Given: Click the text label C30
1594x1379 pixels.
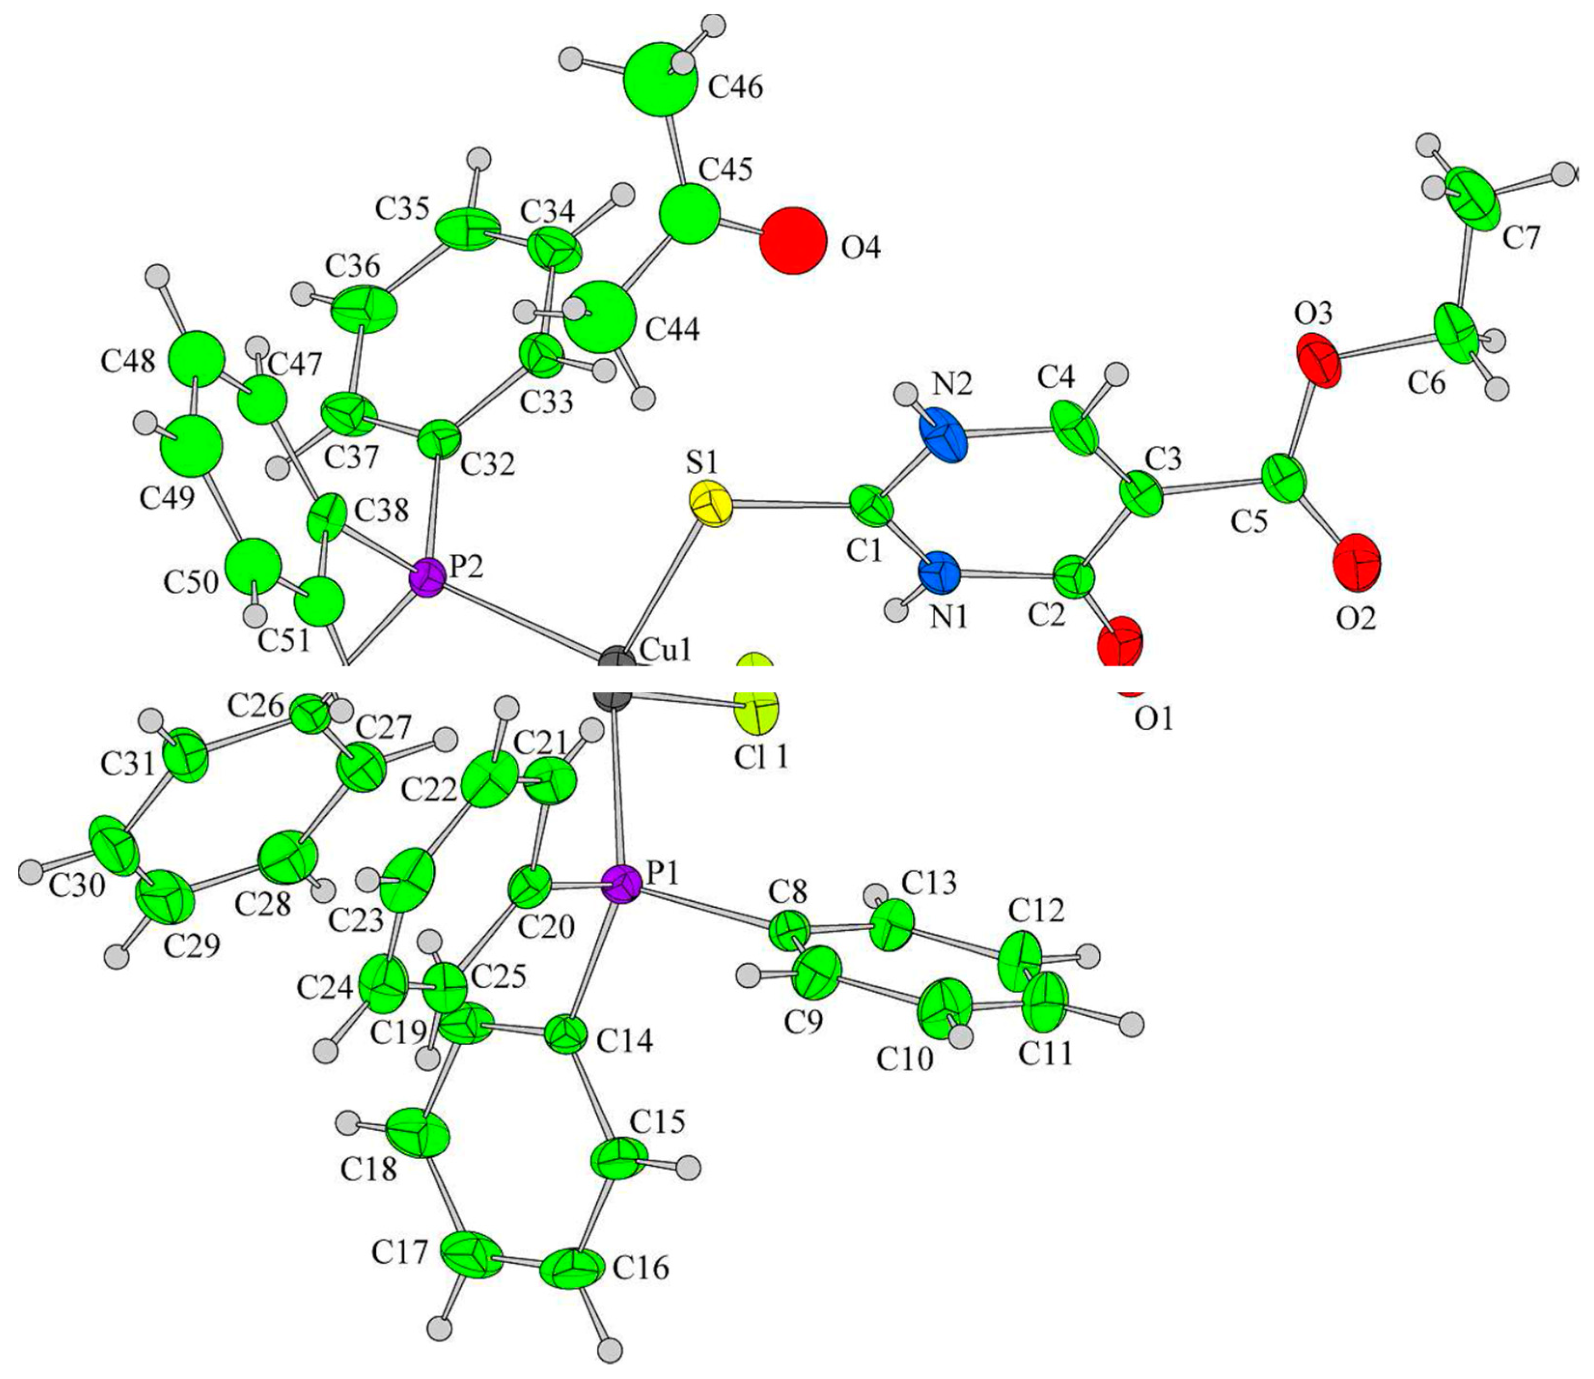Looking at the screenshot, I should coord(77,887).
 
